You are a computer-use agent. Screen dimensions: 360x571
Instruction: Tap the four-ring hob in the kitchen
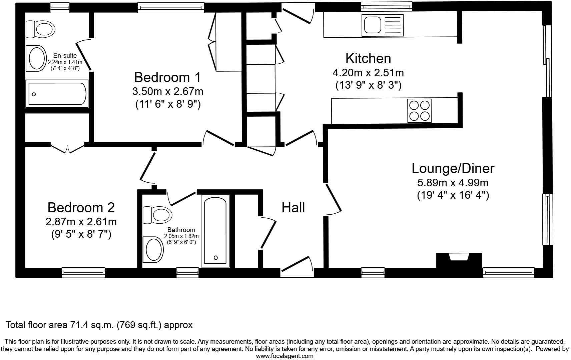[419, 111]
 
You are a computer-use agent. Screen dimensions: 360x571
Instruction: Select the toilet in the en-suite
[41, 29]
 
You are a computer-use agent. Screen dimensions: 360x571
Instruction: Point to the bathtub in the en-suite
[57, 94]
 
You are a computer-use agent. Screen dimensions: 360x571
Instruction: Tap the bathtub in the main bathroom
[215, 231]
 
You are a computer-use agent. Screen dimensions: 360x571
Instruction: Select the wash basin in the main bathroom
[152, 249]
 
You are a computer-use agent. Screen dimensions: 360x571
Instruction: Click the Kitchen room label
[368, 58]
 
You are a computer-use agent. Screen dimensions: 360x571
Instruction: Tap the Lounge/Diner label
[453, 168]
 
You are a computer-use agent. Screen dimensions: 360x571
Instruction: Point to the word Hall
[293, 208]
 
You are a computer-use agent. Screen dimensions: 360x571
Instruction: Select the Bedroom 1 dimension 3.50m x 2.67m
[167, 91]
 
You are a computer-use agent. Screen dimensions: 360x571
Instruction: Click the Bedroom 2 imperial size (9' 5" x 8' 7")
[81, 234]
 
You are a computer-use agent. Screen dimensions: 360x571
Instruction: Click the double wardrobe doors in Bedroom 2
[67, 148]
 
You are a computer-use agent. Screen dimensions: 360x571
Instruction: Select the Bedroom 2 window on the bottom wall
[83, 272]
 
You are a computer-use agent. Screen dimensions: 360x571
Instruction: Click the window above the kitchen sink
[387, 6]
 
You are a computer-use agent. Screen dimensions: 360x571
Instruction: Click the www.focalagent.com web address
[284, 356]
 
